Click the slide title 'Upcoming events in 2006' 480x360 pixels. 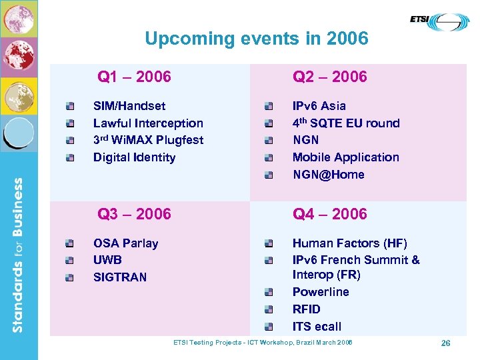(256, 39)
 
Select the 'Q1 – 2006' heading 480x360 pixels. (134, 77)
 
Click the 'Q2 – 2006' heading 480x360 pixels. (329, 77)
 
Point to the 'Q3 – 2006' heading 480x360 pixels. (134, 214)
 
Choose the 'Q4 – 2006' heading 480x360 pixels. (329, 214)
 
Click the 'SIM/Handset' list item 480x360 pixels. (129, 106)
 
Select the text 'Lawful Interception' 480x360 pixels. (148, 123)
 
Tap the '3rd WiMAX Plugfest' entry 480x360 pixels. (148, 140)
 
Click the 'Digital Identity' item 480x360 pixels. (134, 157)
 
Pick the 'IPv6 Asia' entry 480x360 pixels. (319, 106)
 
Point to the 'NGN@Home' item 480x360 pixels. (328, 175)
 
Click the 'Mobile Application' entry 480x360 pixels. (345, 157)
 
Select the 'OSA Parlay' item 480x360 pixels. (125, 243)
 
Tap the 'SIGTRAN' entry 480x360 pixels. (119, 277)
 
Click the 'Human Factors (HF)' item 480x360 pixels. (349, 243)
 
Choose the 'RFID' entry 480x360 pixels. (306, 309)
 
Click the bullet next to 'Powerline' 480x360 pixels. (268, 293)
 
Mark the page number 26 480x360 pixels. (445, 343)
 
